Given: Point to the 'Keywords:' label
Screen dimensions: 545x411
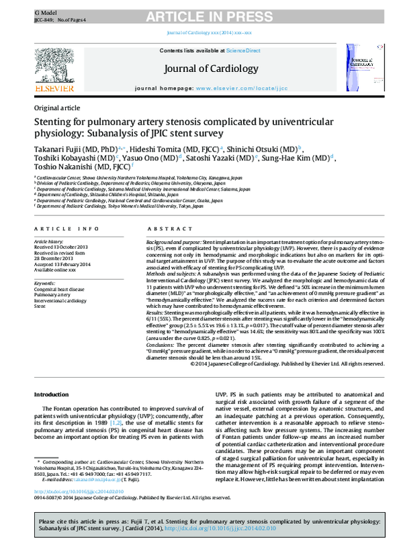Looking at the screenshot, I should tap(45, 282).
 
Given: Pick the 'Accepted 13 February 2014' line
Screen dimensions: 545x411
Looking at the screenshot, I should tap(62, 265).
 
